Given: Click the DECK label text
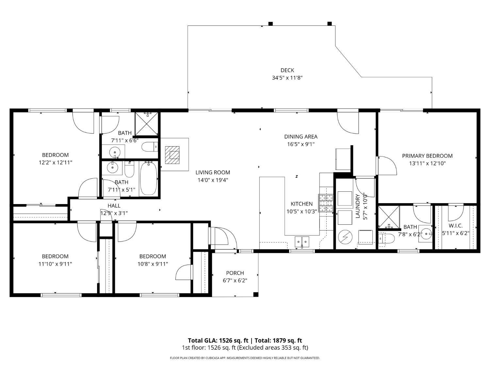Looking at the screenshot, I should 287,70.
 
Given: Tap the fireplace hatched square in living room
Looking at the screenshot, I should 172,155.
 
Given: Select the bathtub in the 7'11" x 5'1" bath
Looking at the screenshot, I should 149,179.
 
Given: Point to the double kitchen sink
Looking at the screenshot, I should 302,241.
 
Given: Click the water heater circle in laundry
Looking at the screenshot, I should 344,237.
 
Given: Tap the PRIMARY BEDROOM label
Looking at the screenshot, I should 427,156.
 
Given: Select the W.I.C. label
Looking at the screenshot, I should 455,226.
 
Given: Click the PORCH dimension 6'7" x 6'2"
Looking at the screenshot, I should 235,280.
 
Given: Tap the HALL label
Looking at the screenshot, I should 114,205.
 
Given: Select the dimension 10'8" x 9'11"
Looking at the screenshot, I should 153,264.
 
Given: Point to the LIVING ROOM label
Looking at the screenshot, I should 213,172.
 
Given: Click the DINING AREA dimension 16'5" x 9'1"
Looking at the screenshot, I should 301,144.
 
